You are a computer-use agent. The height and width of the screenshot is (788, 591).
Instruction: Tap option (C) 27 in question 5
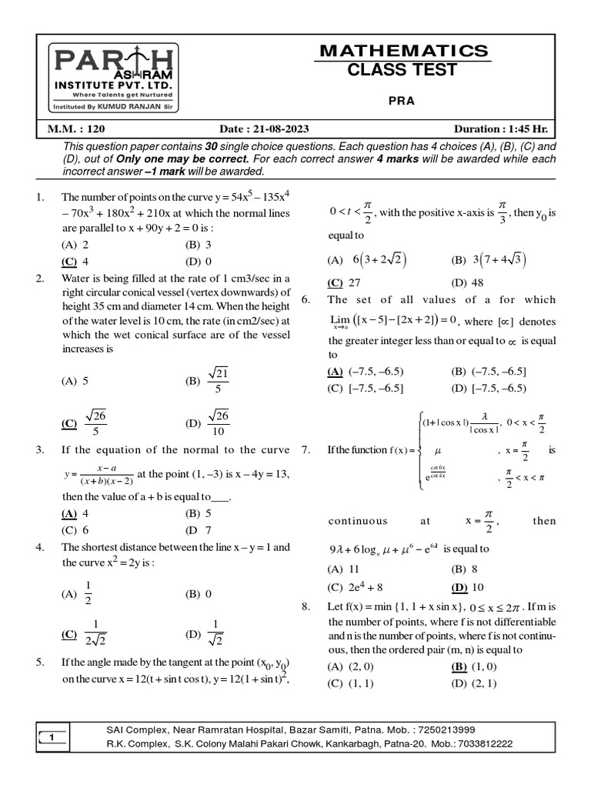tap(343, 282)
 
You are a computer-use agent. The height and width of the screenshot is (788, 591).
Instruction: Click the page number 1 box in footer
tap(51, 738)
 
